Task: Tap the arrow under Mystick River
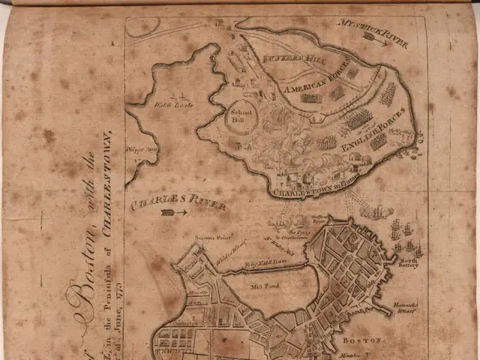pyautogui.click(x=377, y=43)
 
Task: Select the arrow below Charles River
pyautogui.click(x=173, y=213)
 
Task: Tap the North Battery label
pyautogui.click(x=407, y=261)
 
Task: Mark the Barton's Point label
pyautogui.click(x=206, y=238)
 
